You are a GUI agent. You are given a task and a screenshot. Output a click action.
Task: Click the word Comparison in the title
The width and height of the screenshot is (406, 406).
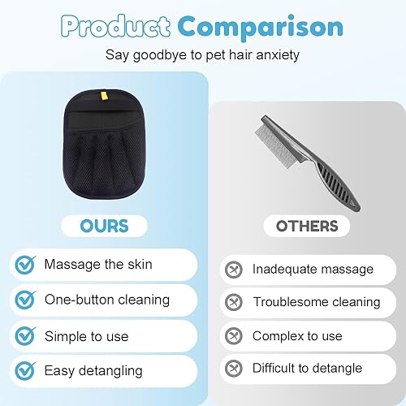(260, 27)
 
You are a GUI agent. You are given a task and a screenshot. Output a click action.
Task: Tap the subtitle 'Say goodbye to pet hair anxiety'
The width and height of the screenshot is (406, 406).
(202, 56)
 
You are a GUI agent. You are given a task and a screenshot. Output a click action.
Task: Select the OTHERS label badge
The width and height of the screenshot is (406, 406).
(307, 226)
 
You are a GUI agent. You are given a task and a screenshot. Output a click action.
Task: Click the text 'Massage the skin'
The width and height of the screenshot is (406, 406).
(98, 265)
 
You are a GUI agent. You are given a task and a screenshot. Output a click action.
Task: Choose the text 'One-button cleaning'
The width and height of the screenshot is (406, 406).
(107, 300)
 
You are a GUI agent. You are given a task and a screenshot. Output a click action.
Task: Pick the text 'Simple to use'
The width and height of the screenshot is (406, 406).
(88, 335)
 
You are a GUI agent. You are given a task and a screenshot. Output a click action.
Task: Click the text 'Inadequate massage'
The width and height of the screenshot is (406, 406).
(313, 269)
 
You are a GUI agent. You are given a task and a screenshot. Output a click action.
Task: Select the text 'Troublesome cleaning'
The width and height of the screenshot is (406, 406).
(317, 302)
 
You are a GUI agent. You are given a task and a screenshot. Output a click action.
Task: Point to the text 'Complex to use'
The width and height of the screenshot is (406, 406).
(298, 335)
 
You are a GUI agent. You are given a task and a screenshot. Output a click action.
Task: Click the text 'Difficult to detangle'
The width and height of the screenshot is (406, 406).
(307, 368)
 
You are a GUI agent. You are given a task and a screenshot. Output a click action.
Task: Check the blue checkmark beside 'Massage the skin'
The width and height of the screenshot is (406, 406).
(27, 265)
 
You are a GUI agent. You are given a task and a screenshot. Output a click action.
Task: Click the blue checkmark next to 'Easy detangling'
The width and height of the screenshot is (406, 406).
(27, 371)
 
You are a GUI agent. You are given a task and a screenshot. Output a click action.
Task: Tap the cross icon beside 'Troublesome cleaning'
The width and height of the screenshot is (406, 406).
(233, 302)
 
